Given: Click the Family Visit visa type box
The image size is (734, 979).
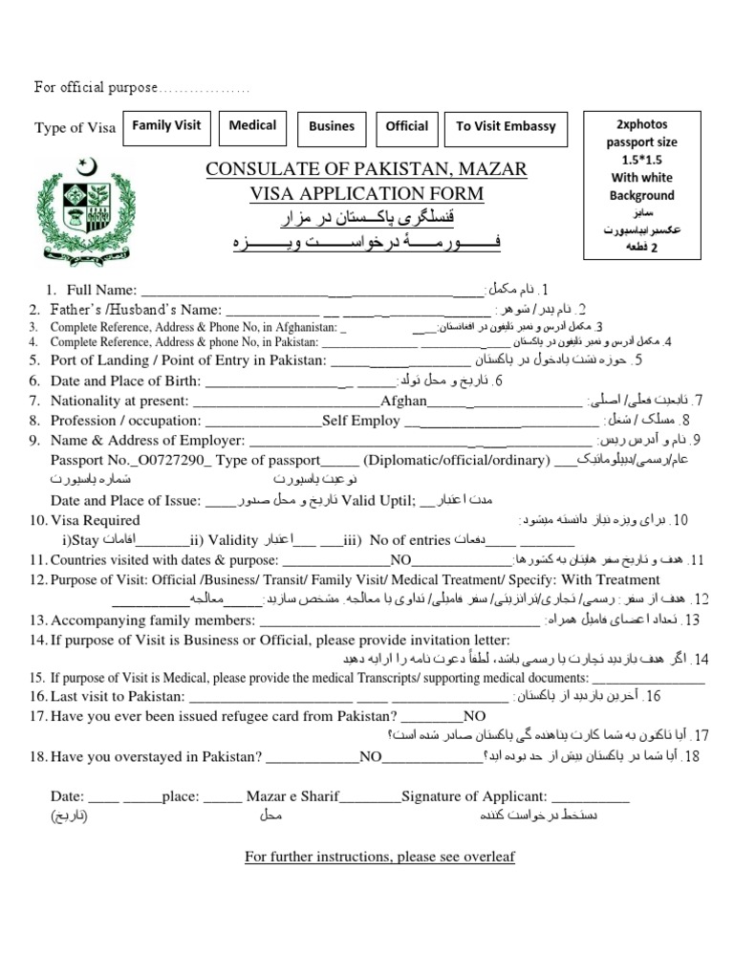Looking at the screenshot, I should tap(165, 126).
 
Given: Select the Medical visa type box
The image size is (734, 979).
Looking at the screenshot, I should tap(252, 126).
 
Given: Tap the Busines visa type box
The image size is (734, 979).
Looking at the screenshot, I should tap(332, 126).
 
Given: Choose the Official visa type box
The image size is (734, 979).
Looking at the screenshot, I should tap(407, 126).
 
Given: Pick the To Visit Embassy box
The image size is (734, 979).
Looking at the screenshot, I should tap(506, 126).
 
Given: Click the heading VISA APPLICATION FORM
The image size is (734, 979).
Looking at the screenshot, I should tap(367, 194).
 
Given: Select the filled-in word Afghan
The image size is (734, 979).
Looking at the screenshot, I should tap(403, 401).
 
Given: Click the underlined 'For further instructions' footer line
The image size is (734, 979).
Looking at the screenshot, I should tap(379, 857).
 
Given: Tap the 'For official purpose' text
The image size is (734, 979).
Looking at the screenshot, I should tap(96, 88).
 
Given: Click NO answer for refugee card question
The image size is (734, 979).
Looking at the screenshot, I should tap(475, 715).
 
